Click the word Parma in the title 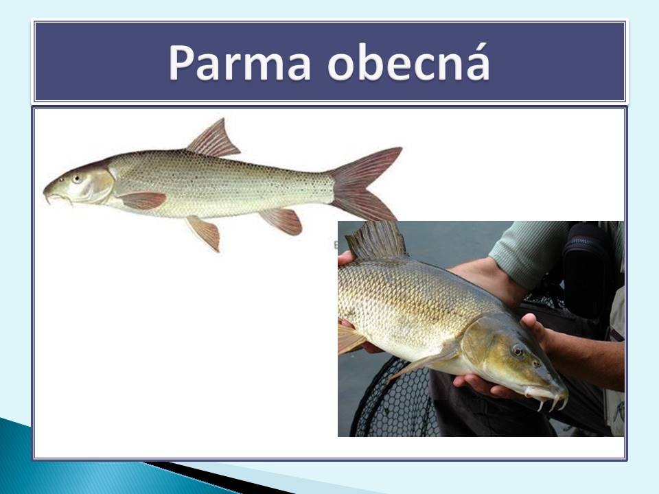(x=240, y=62)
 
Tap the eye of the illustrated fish (x=77, y=178)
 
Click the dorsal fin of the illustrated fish (x=214, y=139)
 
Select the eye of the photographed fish (x=518, y=351)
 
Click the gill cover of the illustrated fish (x=97, y=185)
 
